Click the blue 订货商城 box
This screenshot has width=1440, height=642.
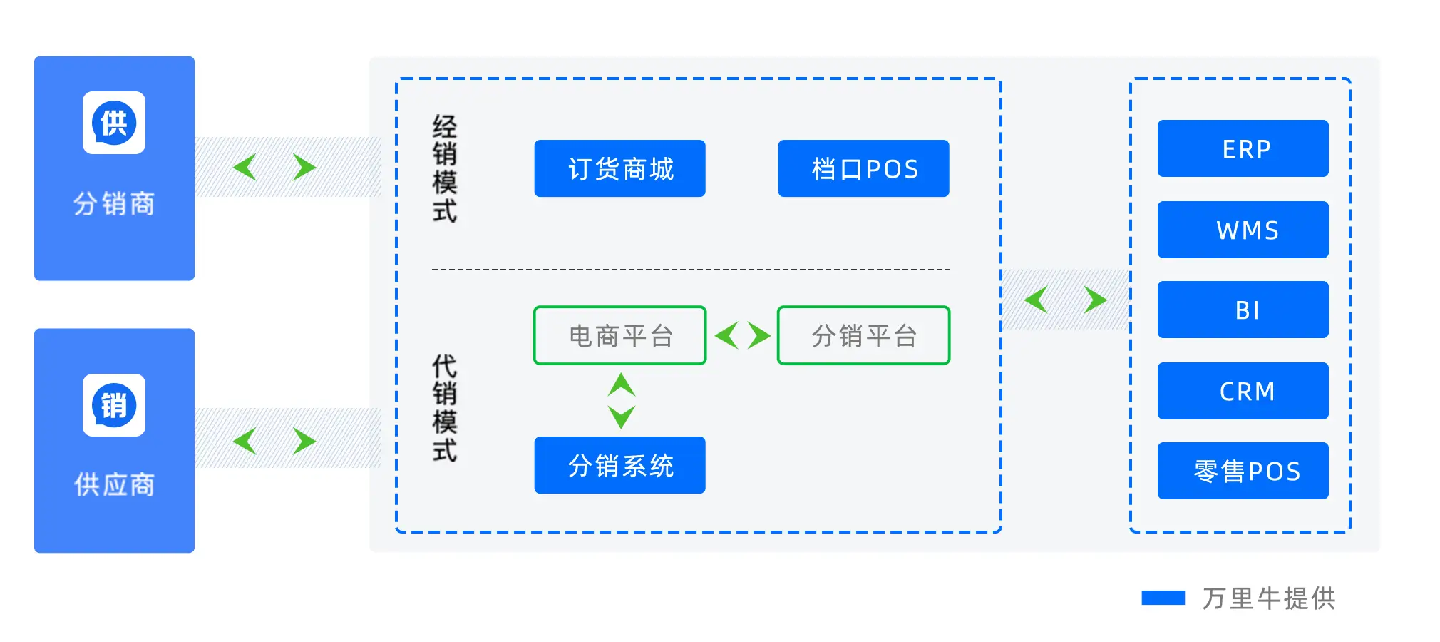point(619,168)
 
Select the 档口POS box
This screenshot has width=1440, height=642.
point(863,168)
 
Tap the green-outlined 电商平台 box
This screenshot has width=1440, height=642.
point(619,335)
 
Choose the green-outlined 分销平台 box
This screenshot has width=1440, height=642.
point(863,335)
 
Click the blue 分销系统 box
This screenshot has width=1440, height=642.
point(619,465)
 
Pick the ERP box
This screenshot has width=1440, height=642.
point(1243,148)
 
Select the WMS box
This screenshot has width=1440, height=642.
point(1243,230)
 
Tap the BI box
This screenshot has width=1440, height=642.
point(1243,310)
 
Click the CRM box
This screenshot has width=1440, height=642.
point(1243,391)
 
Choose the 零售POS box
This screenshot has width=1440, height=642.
point(1243,471)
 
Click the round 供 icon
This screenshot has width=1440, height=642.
point(114,123)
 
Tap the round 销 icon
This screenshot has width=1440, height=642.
point(114,405)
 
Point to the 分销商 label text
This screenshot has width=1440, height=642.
point(114,204)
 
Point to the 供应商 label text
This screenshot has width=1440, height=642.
point(114,485)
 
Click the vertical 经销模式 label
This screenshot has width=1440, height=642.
point(445,169)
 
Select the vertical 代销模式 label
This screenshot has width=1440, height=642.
point(445,408)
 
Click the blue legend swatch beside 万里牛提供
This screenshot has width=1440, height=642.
point(1163,598)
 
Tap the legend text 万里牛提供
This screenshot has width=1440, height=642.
point(1269,598)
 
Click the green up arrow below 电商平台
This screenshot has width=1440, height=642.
point(622,384)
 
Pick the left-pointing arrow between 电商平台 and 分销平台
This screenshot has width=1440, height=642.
point(726,335)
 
